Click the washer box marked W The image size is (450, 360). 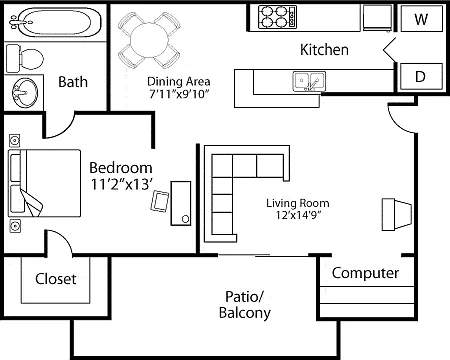tap(422, 19)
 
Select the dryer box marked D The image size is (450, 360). tap(422, 76)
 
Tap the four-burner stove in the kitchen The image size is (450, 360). tap(277, 17)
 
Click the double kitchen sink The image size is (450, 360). tap(309, 81)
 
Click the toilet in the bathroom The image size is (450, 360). tap(25, 59)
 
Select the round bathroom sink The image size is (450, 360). tap(25, 92)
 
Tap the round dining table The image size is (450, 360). tap(149, 41)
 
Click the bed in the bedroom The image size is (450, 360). tap(44, 183)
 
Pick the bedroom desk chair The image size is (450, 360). tap(160, 201)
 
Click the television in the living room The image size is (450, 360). tap(396, 214)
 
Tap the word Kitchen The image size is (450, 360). tap(324, 50)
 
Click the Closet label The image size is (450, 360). tap(56, 279)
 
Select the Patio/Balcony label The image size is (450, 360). tap(245, 304)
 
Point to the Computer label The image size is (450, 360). tap(365, 273)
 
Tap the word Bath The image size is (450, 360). tap(73, 82)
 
